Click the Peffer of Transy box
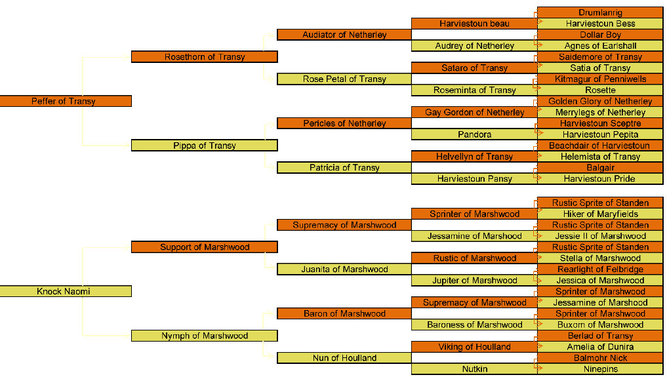(x=66, y=101)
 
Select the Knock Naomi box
(x=66, y=291)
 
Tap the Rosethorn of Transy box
(x=204, y=57)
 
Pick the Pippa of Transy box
(x=204, y=146)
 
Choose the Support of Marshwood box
(x=204, y=247)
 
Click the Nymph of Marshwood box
(x=204, y=336)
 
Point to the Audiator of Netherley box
(x=344, y=35)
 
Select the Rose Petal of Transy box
(x=344, y=79)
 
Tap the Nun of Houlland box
(x=344, y=358)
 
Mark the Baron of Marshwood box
(x=344, y=313)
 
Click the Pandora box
(x=474, y=134)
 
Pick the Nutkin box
(x=474, y=369)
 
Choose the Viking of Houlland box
(x=474, y=347)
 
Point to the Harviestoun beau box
(x=474, y=24)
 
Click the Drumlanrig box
(x=600, y=12)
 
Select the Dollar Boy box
(x=600, y=35)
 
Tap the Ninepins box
(x=600, y=369)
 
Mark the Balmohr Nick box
(x=600, y=358)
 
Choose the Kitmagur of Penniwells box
(x=600, y=79)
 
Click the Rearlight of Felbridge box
(x=600, y=269)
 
